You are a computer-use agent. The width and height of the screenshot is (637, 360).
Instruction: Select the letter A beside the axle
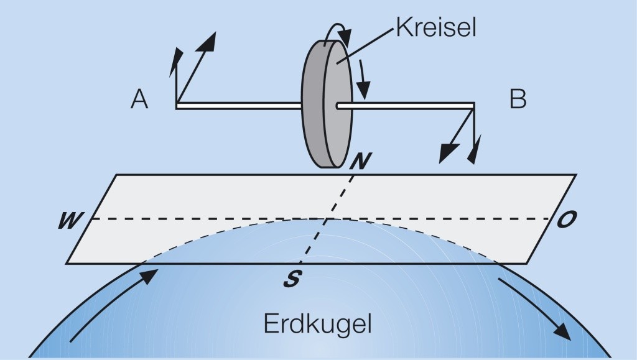139,99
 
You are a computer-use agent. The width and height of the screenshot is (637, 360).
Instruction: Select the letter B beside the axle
518,99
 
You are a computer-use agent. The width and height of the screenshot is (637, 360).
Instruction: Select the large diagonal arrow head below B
446,154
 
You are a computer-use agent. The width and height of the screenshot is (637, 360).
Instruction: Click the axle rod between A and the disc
239,106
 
